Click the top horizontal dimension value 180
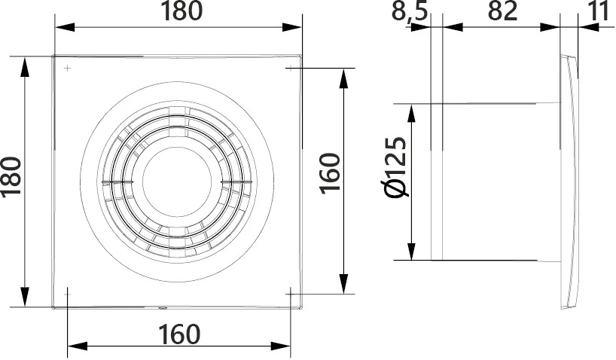point(181,11)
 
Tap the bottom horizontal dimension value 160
point(179,334)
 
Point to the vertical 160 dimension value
point(330,173)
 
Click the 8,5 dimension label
point(409,11)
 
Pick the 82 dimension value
point(503,11)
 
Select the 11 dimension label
point(599,11)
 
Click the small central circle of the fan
point(177,182)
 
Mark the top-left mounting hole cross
point(68,69)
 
